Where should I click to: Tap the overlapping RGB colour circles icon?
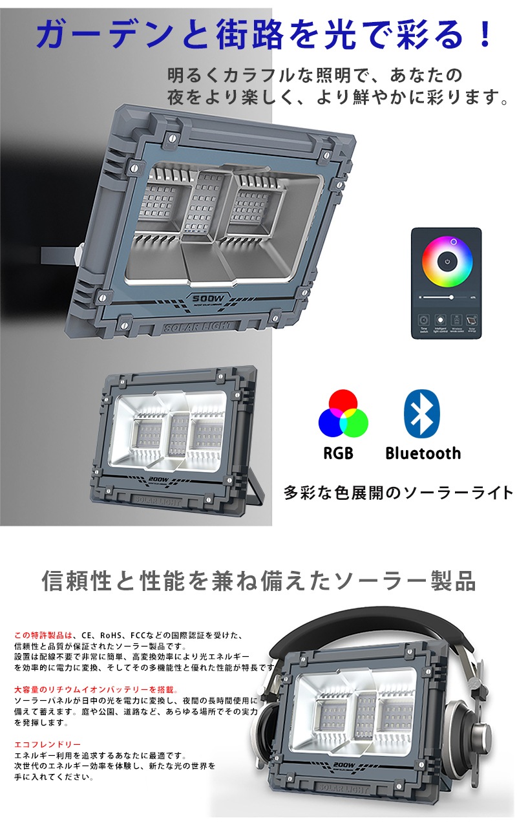[343, 414]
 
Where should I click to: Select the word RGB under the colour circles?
[338, 453]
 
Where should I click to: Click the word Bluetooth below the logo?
[423, 453]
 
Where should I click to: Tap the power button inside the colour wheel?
[447, 263]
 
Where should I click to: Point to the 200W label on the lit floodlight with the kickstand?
[158, 479]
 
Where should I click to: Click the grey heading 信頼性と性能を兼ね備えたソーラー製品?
[258, 581]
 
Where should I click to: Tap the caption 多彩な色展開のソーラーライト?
[398, 493]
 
